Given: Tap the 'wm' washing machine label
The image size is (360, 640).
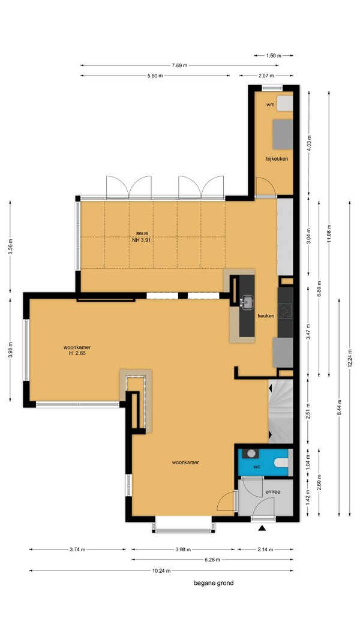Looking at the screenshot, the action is [270, 104].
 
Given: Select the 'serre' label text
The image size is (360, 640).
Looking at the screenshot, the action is [142, 233].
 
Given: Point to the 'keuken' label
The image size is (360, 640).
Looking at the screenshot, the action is [266, 316].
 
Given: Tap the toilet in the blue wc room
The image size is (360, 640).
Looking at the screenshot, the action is [281, 463].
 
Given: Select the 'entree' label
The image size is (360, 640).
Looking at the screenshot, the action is [272, 492].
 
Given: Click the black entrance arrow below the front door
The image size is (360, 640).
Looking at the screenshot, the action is [262, 528].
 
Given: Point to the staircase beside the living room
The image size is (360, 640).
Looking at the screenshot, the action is [281, 411].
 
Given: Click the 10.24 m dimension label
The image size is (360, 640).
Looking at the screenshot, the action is [161, 570].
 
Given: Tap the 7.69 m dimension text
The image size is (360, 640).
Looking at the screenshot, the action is [179, 65].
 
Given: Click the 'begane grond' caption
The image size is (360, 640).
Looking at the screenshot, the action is [214, 583].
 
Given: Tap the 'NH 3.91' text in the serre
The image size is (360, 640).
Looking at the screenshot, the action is [142, 241].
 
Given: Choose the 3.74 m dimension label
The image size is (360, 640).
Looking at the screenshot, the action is [77, 549].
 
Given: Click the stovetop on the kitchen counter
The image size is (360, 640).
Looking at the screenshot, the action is [286, 311].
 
